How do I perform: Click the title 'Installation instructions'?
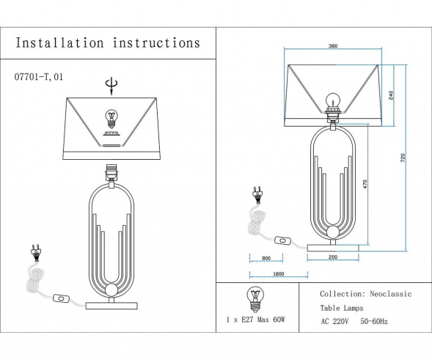(108, 43)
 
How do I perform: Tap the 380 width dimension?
(332, 46)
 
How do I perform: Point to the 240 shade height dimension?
(392, 95)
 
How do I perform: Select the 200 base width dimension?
(333, 258)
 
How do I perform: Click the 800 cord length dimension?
(266, 258)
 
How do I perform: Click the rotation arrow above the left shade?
(111, 86)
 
